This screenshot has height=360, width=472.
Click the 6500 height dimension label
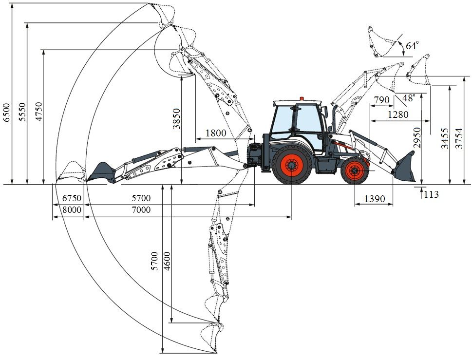(x=7, y=112)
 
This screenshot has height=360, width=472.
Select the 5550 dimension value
(x=22, y=112)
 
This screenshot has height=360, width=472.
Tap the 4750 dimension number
(x=39, y=112)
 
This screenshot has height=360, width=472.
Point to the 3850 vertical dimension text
(x=176, y=119)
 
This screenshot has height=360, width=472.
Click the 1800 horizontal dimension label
(x=216, y=133)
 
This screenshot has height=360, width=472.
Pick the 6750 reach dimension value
(x=72, y=198)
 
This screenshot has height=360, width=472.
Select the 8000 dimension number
(x=72, y=209)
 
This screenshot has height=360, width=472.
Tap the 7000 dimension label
(x=141, y=209)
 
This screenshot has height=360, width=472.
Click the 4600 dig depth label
(x=167, y=261)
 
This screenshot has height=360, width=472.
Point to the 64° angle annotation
(x=412, y=46)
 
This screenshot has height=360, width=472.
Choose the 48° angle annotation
(x=409, y=98)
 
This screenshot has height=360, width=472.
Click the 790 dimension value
(x=382, y=100)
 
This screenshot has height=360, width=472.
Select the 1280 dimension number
(x=398, y=114)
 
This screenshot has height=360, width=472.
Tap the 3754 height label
(x=458, y=138)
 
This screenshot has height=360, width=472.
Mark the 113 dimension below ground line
(x=432, y=194)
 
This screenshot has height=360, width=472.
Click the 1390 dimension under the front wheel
(x=375, y=199)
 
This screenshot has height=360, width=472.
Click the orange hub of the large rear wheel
(x=292, y=166)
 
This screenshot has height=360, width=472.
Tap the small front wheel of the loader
(x=355, y=171)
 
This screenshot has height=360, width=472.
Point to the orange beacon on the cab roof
(x=302, y=98)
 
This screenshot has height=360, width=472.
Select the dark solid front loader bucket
(x=405, y=167)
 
